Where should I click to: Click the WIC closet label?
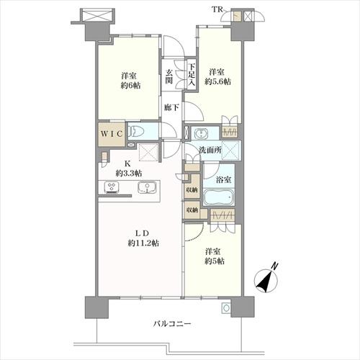112,134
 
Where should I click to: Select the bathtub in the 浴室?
218,197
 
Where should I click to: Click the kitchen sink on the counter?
147,187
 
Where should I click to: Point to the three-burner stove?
112,187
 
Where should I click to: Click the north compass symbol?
266,279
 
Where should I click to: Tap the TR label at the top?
217,9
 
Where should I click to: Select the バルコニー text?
172,324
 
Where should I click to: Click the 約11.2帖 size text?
143,243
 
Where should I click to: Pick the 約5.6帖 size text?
217,82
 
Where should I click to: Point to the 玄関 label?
169,76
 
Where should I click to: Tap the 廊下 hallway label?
171,107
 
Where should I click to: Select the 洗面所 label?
210,150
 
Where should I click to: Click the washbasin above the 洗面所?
200,133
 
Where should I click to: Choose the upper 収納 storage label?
192,189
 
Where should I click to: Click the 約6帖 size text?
130,86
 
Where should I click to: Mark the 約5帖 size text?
215,261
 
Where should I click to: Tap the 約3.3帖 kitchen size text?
129,173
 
